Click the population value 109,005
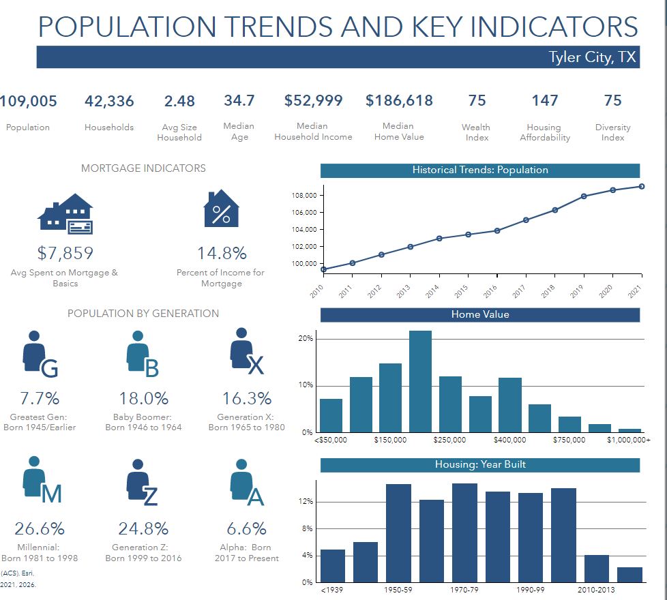29,102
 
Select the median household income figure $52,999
313,101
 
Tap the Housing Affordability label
544,132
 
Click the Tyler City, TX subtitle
592,57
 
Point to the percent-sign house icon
222,209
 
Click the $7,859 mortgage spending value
65,254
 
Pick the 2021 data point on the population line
640,186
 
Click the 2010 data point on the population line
323,269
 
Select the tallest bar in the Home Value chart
420,381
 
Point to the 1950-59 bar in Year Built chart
399,532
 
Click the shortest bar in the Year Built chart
629,574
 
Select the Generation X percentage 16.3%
246,398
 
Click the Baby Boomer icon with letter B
142,355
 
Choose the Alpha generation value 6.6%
246,528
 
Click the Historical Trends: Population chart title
479,170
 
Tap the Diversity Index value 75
612,101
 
